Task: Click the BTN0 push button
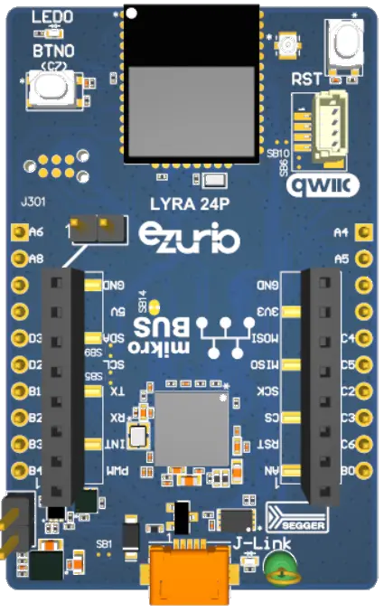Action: [51, 89]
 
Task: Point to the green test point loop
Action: [281, 569]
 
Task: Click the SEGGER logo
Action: [300, 521]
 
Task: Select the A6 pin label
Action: [37, 232]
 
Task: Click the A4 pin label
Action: [341, 232]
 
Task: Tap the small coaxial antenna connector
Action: [290, 42]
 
